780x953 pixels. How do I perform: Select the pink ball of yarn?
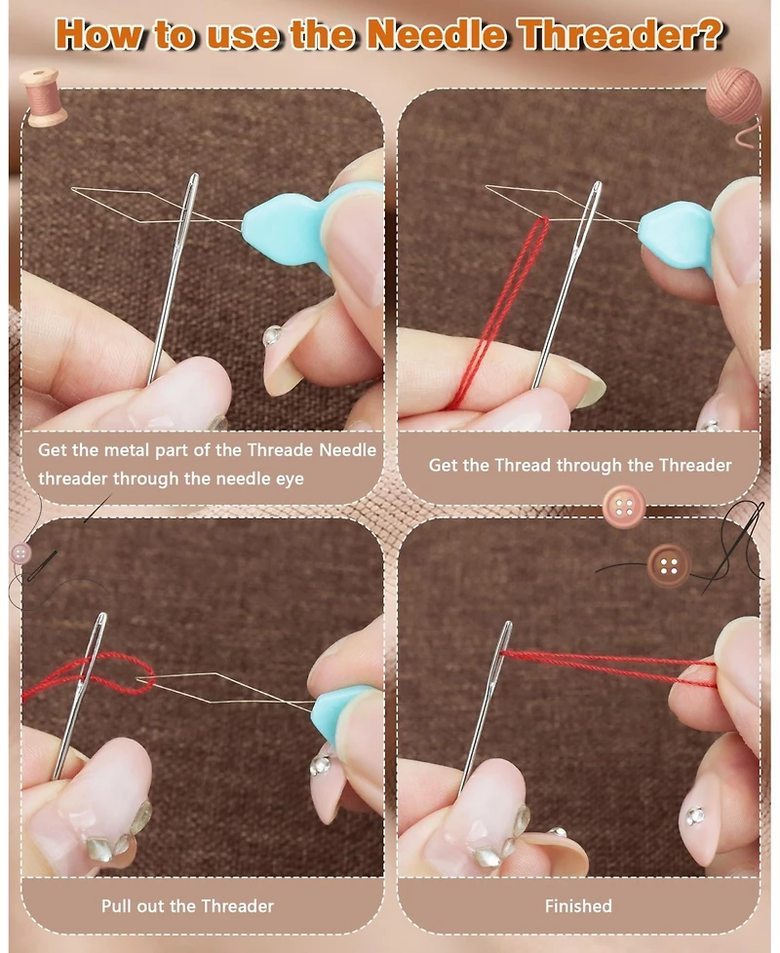tap(734, 96)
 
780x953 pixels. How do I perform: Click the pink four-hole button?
tap(623, 507)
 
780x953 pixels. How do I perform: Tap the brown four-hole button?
tap(668, 566)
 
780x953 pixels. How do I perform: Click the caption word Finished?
tap(578, 906)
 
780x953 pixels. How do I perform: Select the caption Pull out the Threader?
tap(187, 906)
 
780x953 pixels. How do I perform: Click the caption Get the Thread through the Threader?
tap(580, 466)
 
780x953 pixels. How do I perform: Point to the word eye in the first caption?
tap(290, 478)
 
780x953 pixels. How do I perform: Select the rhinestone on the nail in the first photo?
tap(272, 336)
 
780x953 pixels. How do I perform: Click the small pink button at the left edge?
tap(21, 553)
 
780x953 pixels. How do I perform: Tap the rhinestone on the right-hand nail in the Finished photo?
tap(694, 817)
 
